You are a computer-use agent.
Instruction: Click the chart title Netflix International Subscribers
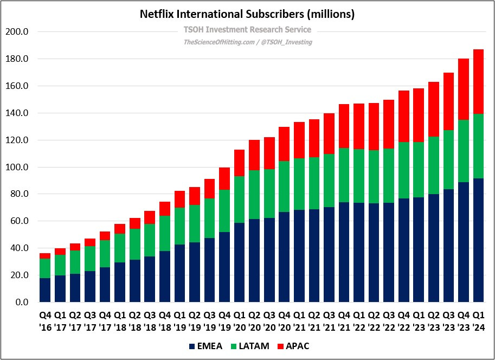pyautogui.click(x=247, y=15)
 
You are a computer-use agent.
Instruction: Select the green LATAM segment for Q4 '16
pyautogui.click(x=45, y=268)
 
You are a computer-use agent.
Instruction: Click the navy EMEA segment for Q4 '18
pyautogui.click(x=164, y=277)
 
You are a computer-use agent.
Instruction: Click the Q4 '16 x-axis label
pyautogui.click(x=45, y=321)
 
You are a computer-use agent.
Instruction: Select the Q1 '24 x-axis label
pyautogui.click(x=478, y=321)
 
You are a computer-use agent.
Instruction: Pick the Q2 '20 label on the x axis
pyautogui.click(x=254, y=321)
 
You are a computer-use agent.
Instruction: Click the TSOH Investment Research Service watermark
pyautogui.click(x=247, y=30)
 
